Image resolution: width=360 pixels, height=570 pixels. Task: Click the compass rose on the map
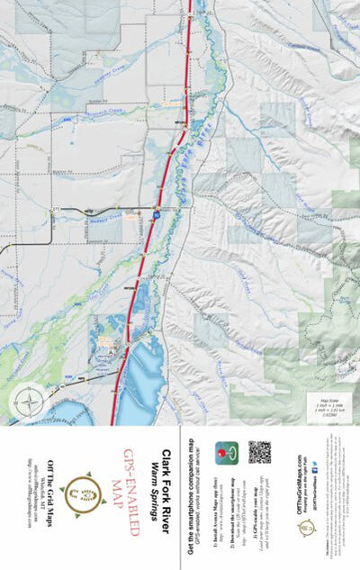click(x=31, y=400)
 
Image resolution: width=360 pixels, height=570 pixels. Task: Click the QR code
click(x=259, y=452)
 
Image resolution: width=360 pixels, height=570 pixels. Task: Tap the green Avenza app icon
click(x=224, y=453)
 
